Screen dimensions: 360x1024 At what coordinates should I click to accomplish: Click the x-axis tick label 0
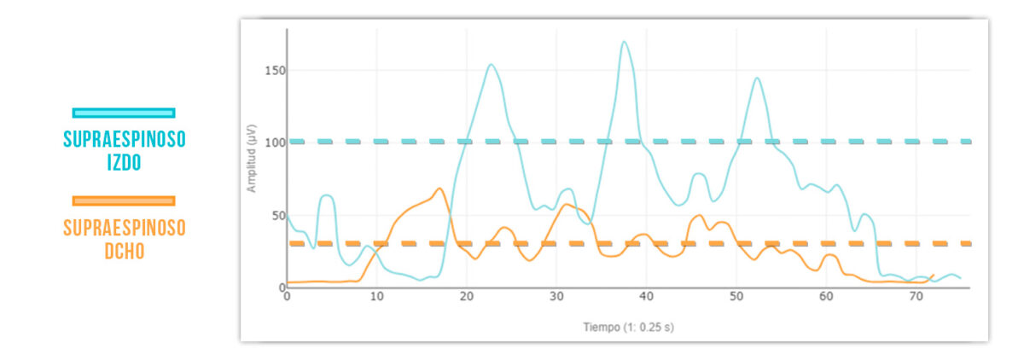(x=287, y=296)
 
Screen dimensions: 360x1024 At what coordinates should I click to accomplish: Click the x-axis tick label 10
(x=376, y=296)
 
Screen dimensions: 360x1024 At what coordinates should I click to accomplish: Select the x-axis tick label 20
(x=466, y=296)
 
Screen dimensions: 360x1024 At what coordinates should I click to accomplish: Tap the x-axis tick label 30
(x=556, y=296)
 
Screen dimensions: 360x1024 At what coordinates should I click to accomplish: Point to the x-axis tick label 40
(x=646, y=296)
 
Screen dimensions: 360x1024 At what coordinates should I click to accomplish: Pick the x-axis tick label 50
(x=736, y=296)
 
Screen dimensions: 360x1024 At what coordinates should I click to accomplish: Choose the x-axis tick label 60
(x=826, y=296)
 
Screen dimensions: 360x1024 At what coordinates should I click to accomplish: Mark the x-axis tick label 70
(x=916, y=296)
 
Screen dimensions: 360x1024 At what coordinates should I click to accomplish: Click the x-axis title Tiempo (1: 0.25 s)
(x=628, y=327)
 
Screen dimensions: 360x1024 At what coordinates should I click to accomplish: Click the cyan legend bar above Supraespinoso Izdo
(x=124, y=113)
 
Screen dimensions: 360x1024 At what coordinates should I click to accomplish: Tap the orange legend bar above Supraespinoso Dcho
(x=124, y=201)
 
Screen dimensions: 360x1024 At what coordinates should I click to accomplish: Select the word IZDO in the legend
(x=124, y=161)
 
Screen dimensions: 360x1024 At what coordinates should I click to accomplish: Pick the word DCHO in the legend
(x=124, y=251)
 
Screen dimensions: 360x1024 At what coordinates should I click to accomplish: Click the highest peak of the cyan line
(x=625, y=41)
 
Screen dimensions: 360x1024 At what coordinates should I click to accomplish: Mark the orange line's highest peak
(x=439, y=189)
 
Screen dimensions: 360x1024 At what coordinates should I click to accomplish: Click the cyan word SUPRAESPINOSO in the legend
(x=124, y=139)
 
